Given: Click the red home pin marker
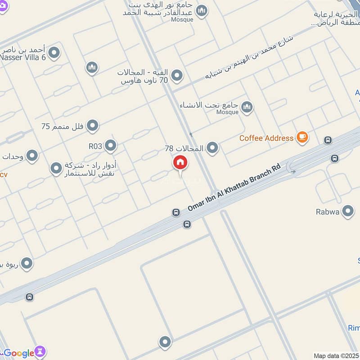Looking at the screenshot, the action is (180, 162).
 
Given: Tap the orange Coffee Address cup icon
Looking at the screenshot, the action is (302, 138).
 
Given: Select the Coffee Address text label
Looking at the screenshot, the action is (266, 138).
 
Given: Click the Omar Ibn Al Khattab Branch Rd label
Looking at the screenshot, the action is (234, 187).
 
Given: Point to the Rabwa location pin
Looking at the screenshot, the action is (348, 211).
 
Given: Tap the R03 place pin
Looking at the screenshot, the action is (110, 145).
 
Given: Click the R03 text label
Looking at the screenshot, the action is (95, 146).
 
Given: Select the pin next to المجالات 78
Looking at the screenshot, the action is (212, 148).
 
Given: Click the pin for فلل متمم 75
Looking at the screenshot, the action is (93, 126).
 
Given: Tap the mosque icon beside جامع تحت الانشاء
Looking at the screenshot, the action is (246, 107).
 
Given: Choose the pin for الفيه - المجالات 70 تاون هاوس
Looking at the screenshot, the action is (177, 75).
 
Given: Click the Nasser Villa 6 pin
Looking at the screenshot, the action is (54, 54).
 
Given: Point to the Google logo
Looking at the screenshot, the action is (19, 353).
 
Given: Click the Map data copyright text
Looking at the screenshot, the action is (336, 355).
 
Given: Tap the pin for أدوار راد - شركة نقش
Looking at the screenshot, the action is (56, 168).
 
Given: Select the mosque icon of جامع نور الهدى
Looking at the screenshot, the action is (202, 10).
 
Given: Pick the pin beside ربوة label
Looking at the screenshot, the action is (27, 263).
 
